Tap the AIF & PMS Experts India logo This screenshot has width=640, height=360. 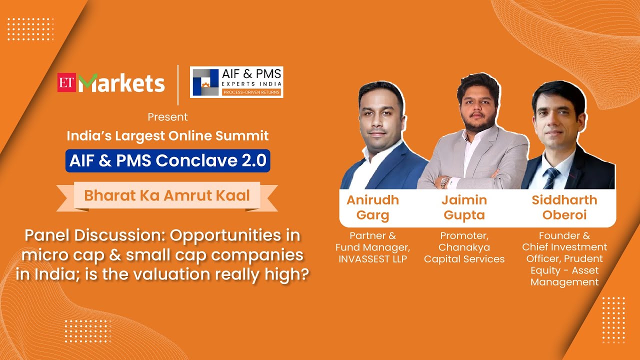(x=236, y=82)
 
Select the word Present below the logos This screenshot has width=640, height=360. (x=167, y=117)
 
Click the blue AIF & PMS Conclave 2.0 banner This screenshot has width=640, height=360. (x=167, y=160)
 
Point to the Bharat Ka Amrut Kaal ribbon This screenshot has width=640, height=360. (x=166, y=195)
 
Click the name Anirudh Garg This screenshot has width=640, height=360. (x=372, y=207)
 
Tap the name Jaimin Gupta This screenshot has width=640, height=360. (x=464, y=207)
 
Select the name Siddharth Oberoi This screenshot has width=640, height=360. (x=564, y=207)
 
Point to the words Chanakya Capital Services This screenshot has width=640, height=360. (x=464, y=253)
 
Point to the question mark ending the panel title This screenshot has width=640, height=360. (x=301, y=275)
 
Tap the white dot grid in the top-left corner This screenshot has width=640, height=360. (x=31, y=28)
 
